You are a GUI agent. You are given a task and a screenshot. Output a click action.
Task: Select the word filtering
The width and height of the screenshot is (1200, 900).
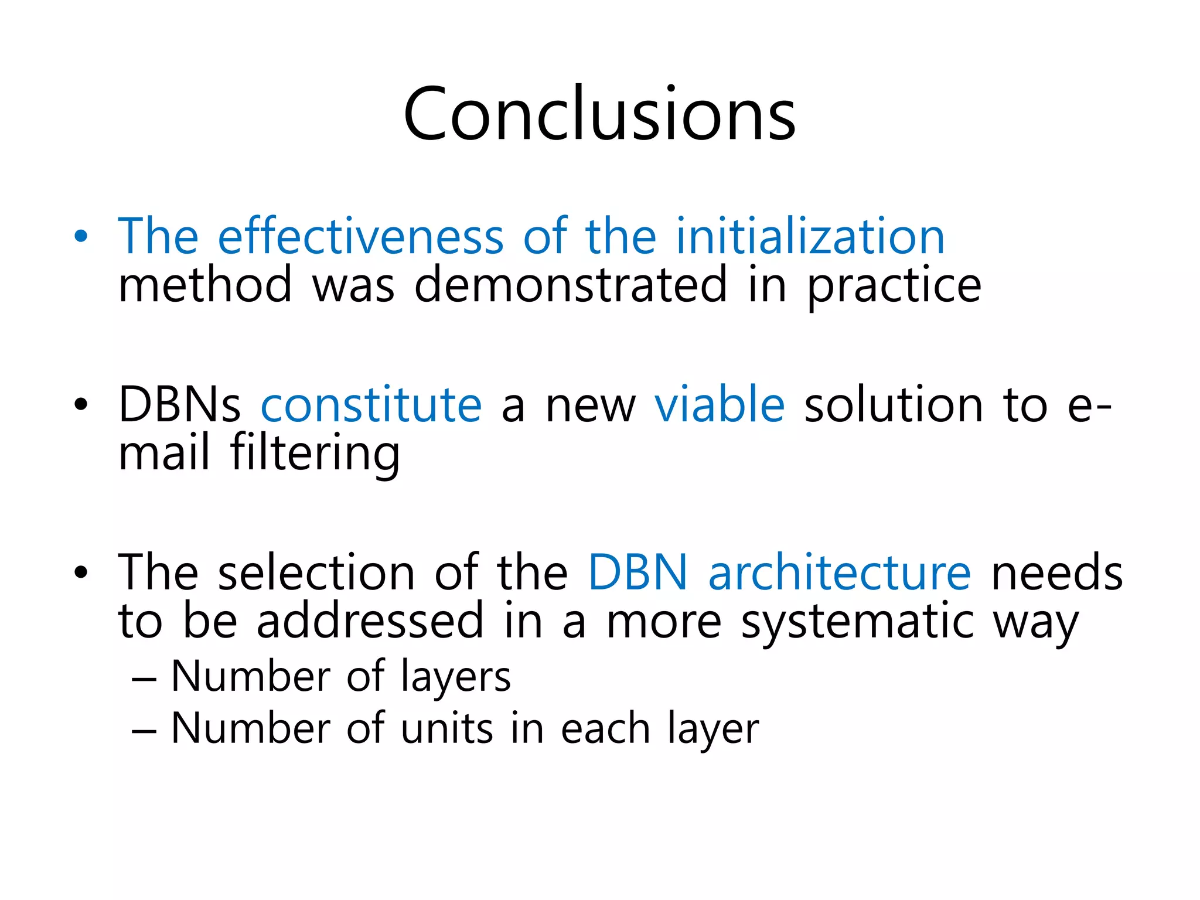click(x=315, y=454)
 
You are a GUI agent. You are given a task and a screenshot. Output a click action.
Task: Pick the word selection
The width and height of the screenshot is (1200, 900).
click(x=316, y=572)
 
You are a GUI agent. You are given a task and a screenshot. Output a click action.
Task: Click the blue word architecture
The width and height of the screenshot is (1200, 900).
click(x=839, y=572)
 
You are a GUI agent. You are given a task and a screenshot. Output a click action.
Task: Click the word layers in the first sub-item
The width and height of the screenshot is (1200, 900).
click(x=455, y=678)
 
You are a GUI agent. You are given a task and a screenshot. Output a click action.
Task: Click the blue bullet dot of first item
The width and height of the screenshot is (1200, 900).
click(x=81, y=237)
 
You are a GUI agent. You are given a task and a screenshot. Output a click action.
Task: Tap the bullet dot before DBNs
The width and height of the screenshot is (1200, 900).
click(x=81, y=404)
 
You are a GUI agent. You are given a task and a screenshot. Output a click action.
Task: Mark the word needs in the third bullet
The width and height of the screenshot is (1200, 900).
click(x=1056, y=572)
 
